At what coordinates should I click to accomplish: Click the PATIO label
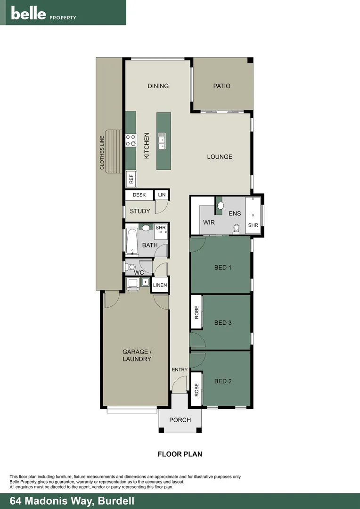221,86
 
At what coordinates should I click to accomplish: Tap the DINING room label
158,86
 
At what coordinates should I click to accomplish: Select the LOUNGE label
220,156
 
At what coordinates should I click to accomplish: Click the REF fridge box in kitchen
131,179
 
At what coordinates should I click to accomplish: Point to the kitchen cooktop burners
131,140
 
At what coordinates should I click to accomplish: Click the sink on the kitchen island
162,140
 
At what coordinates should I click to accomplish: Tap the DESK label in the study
139,195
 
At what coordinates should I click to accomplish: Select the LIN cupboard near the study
162,195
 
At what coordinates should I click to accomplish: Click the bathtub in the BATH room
131,241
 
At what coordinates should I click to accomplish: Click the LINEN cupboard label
160,285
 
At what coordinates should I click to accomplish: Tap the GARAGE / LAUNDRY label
137,355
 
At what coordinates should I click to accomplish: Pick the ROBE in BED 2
196,389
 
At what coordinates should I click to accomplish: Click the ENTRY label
180,369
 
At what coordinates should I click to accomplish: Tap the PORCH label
180,420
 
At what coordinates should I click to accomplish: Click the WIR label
209,222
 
